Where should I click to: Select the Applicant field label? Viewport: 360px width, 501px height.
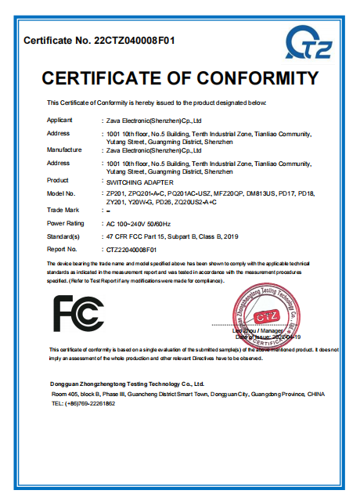60,121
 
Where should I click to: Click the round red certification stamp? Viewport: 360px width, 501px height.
267,312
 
